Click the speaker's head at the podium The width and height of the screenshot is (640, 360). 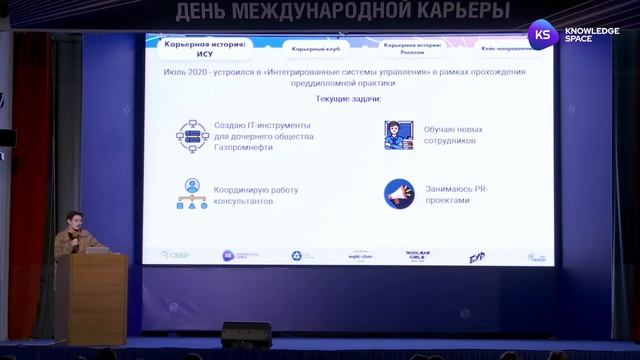point(74,219)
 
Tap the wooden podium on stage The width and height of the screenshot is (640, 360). point(91,297)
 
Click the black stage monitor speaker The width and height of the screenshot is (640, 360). point(246,335)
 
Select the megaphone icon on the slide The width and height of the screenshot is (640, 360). point(399,193)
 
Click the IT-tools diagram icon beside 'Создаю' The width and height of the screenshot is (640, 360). point(192,135)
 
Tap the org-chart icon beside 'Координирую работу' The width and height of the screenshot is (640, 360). point(192,193)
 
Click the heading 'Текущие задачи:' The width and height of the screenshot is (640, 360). point(348,99)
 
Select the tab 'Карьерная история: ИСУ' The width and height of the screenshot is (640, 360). point(205,49)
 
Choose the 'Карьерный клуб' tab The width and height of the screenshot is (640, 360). point(313,48)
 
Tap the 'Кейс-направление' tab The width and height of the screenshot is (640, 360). point(508,47)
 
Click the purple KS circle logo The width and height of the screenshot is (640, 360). point(543,34)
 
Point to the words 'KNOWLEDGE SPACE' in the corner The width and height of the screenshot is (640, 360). point(591,35)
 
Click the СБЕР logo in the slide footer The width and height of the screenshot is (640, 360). point(175,255)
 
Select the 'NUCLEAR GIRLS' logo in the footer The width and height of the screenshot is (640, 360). point(416,256)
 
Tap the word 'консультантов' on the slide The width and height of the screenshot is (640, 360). point(244,201)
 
